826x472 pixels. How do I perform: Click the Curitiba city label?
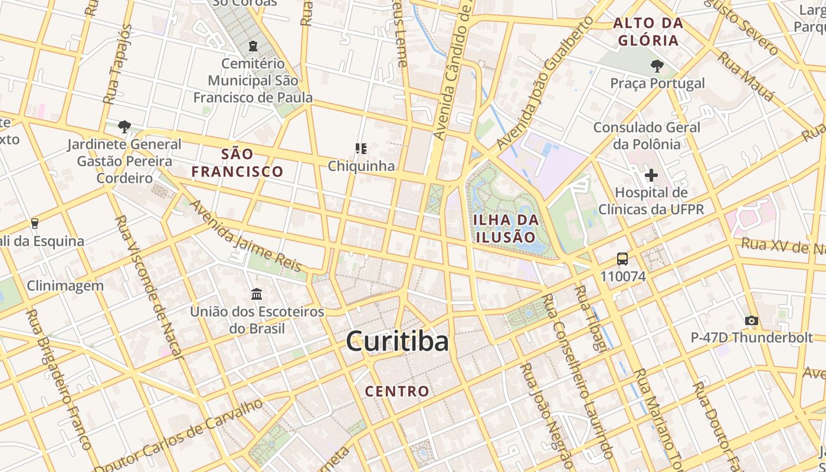click(x=397, y=342)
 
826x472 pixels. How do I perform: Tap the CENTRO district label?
click(x=397, y=391)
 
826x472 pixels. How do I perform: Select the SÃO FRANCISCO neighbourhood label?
click(x=237, y=163)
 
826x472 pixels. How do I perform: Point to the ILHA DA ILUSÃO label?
click(x=506, y=229)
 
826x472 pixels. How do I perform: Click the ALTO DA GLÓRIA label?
click(x=648, y=32)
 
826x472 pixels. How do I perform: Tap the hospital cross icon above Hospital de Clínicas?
click(x=651, y=175)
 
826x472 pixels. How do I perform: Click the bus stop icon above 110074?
click(x=622, y=259)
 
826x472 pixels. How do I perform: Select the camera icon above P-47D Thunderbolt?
click(x=751, y=321)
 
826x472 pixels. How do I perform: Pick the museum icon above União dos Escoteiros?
click(x=257, y=294)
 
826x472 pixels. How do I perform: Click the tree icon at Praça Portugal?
click(x=657, y=66)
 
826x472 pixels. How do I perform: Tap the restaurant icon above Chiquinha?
click(x=361, y=149)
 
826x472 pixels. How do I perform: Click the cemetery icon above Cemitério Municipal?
click(x=253, y=46)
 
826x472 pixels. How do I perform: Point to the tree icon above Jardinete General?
click(x=124, y=126)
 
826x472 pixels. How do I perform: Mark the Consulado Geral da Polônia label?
click(x=647, y=135)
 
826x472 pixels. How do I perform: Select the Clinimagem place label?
click(x=65, y=286)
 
